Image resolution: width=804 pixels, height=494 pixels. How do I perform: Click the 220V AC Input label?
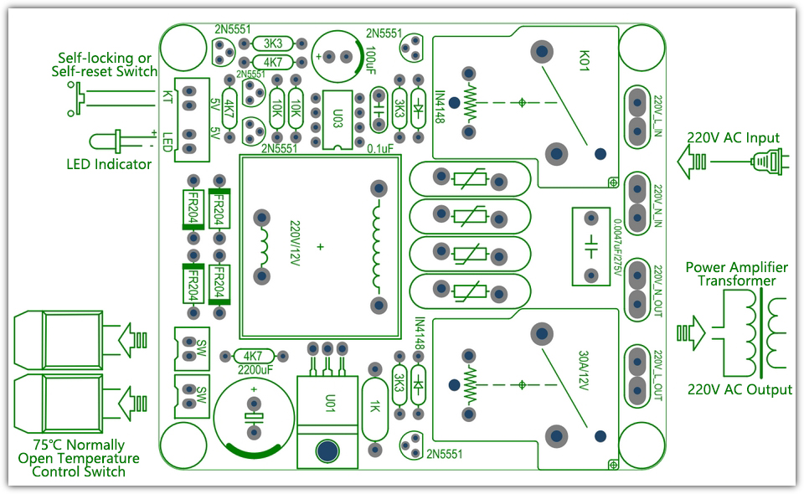[733, 137]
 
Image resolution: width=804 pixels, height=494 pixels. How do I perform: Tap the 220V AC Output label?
[740, 389]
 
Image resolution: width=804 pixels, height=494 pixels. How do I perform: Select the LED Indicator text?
[109, 164]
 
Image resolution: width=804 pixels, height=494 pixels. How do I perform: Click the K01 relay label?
[585, 60]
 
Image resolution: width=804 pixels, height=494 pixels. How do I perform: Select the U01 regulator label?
[329, 401]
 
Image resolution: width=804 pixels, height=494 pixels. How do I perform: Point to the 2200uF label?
[255, 369]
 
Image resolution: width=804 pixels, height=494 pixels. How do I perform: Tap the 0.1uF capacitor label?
[379, 149]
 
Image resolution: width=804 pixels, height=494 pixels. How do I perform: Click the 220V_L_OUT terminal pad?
[639, 368]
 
